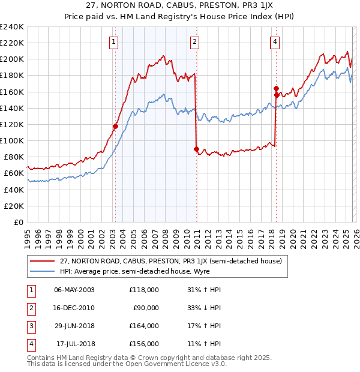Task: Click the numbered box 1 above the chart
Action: click(113, 41)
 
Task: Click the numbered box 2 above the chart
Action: click(196, 41)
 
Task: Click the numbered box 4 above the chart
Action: click(274, 41)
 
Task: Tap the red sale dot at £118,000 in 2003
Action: click(115, 126)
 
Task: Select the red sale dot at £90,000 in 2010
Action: click(196, 149)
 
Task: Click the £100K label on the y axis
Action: click(12, 140)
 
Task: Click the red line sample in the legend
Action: click(42, 261)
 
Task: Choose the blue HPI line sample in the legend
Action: click(42, 271)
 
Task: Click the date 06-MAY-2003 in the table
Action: click(74, 289)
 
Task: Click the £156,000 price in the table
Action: click(144, 344)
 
